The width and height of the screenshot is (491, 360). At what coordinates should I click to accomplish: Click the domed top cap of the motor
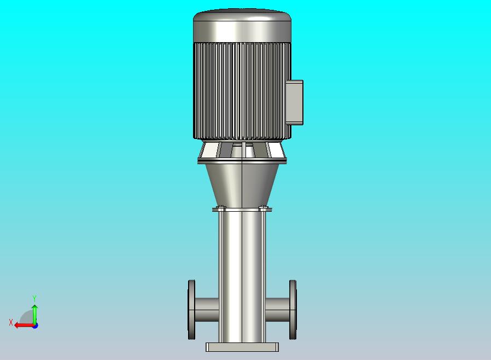coord(242,25)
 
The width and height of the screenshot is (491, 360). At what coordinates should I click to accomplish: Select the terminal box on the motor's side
coord(294,102)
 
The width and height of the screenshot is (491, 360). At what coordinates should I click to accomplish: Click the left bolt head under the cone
coord(222,207)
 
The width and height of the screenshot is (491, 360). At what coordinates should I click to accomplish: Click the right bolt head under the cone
coord(263,207)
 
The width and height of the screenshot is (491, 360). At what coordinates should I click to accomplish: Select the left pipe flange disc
coord(191,310)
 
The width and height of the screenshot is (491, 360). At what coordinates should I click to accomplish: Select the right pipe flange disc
coord(293,310)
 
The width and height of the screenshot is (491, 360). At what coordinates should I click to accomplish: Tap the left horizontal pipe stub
coord(207,310)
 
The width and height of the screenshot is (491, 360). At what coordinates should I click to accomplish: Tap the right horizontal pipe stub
coord(277,310)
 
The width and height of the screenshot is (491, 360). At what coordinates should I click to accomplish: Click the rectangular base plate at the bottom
coord(242,347)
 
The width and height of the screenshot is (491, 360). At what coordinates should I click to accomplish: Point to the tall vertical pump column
coord(242,274)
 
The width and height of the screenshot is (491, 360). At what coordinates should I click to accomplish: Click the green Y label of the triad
coord(34,298)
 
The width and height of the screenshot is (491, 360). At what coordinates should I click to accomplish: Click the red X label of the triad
coord(11,323)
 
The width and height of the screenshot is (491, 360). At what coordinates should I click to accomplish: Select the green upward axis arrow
coord(34,313)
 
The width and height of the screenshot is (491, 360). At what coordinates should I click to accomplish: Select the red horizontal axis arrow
coord(23,325)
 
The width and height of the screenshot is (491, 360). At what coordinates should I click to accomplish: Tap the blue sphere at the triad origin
coord(35,325)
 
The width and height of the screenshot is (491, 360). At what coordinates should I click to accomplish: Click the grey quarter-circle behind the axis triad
coord(27,318)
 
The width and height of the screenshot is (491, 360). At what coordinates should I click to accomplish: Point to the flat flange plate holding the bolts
coord(242,210)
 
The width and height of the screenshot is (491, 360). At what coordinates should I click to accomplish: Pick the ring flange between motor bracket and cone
coord(242,160)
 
